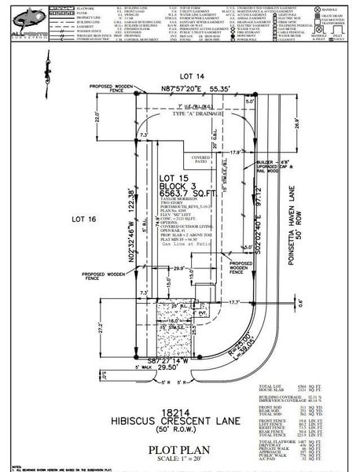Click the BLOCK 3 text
[177, 186]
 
